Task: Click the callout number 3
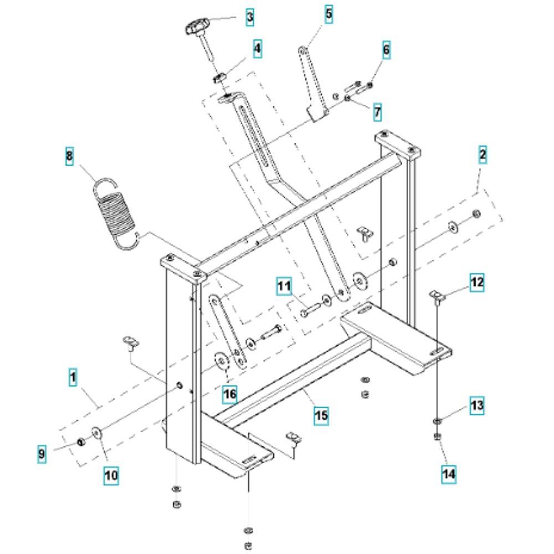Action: [250, 17]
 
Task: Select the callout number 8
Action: [69, 156]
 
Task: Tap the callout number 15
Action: [321, 415]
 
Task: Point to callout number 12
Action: [476, 282]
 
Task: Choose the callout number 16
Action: [230, 394]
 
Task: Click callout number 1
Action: [73, 377]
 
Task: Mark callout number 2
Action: [483, 155]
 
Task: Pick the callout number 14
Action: [449, 474]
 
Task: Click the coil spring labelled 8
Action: [116, 214]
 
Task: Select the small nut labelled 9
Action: [81, 442]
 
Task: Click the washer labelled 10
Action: [96, 433]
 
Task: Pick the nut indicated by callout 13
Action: [437, 421]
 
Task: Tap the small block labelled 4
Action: [219, 78]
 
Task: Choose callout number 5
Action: [329, 14]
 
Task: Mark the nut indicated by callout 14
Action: [437, 437]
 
